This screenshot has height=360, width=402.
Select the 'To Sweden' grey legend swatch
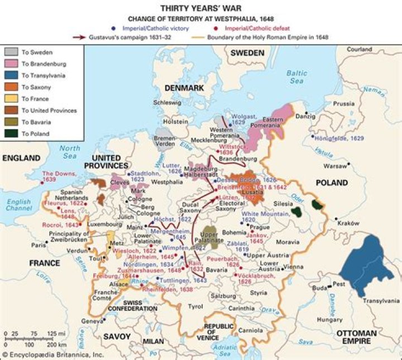pyautogui.click(x=11, y=52)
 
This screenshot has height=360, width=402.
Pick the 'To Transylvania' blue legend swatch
pyautogui.click(x=11, y=75)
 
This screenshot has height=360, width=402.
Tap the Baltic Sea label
pyautogui.click(x=296, y=77)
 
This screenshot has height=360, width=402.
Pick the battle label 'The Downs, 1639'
pyautogui.click(x=56, y=177)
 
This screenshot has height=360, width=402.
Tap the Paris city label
pyautogui.click(x=39, y=245)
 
